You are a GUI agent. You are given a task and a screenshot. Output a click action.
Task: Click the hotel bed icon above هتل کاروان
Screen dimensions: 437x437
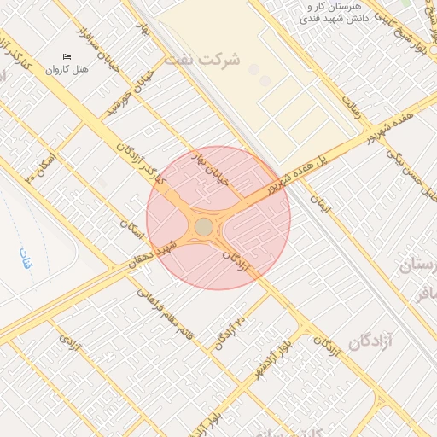coord(67,56)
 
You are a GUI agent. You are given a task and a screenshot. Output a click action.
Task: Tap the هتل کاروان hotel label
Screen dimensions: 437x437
coord(67,69)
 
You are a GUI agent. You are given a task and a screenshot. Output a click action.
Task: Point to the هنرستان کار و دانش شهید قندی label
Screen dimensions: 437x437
coord(338,12)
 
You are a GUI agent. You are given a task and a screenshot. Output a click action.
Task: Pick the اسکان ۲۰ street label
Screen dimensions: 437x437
coord(41,167)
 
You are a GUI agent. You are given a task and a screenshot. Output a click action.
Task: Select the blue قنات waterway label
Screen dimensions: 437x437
coord(25,259)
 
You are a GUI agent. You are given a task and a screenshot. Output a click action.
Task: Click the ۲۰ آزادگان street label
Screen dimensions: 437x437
coord(229,334)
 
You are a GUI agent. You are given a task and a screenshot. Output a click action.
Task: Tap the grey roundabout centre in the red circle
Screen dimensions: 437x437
coord(204,226)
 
